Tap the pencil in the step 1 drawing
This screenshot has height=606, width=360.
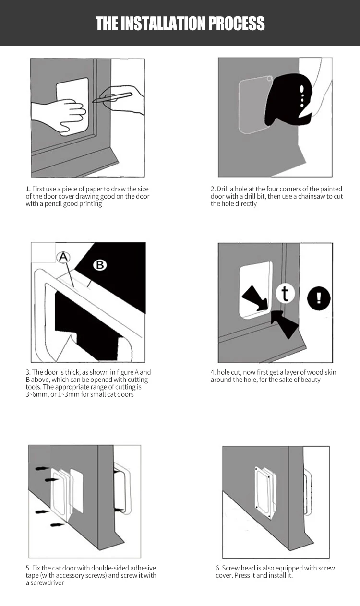(x=112, y=97)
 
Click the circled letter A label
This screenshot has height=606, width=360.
(x=63, y=257)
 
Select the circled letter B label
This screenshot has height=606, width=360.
(x=100, y=265)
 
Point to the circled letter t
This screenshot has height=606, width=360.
(x=285, y=294)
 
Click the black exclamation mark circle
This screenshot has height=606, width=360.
(x=319, y=298)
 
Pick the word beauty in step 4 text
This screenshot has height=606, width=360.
(x=311, y=380)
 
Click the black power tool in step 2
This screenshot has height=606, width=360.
(x=288, y=99)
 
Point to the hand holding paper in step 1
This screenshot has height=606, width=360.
(x=60, y=115)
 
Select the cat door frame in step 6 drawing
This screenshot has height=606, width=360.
(x=265, y=492)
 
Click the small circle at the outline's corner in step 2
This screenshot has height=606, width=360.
(x=269, y=79)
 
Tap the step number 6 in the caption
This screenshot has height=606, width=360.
(x=217, y=568)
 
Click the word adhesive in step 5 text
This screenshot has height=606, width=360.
(x=143, y=568)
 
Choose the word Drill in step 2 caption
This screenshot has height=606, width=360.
(x=223, y=189)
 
